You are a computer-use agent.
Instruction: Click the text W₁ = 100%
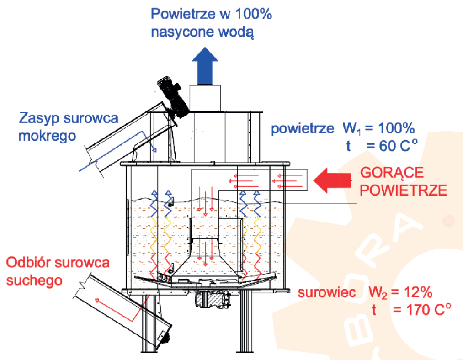pyautogui.click(x=379, y=128)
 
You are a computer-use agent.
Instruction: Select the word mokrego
pyautogui.click(x=48, y=136)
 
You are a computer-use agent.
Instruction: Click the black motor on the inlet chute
pyautogui.click(x=172, y=97)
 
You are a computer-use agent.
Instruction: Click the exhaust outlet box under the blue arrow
pyautogui.click(x=204, y=97)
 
